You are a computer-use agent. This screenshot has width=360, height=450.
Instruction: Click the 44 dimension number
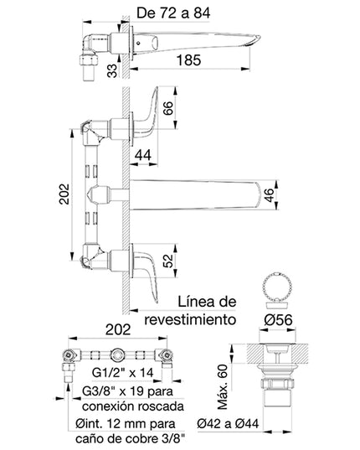coord(143,153)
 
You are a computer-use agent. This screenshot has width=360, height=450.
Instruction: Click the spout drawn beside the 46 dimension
coord(197,193)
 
